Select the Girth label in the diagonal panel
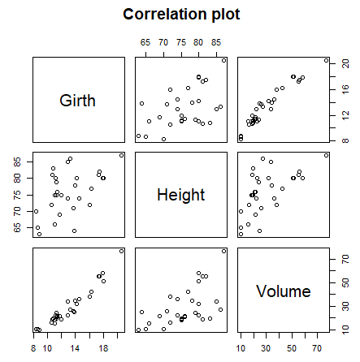coord(78,101)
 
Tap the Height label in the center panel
coord(181,195)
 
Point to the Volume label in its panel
coord(283,291)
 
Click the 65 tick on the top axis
coord(145,41)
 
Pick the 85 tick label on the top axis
coord(215,41)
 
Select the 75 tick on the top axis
coord(180,41)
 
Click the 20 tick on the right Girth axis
coord(345,63)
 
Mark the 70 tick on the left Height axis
coord(18,210)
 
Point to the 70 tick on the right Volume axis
coord(345,260)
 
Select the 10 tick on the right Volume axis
coord(345,329)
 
